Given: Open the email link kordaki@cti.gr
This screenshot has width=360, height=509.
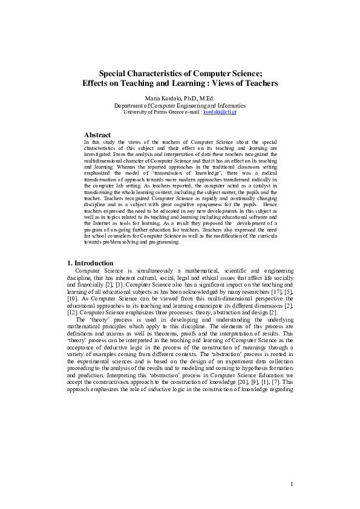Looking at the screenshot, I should (x=220, y=112).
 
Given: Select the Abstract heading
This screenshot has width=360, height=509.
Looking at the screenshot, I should (x=97, y=135).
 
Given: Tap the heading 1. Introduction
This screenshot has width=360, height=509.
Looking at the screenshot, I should (x=90, y=263).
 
